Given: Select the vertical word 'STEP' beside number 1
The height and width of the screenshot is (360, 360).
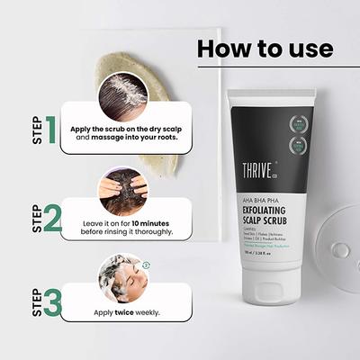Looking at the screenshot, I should click(x=38, y=130).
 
